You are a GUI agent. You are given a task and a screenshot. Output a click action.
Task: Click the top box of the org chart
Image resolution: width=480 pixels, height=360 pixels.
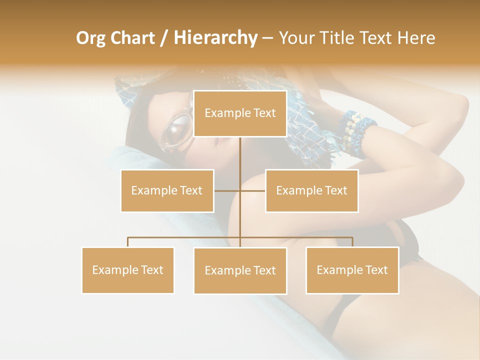coord(240,113)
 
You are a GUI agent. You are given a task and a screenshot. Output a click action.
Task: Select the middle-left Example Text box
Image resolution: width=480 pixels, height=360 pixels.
coord(167,190)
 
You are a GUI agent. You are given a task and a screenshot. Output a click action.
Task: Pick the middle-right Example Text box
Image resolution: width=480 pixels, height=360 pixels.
coord(311,190)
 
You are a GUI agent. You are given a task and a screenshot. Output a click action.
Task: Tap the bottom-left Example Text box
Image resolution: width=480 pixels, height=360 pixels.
coord(127,270)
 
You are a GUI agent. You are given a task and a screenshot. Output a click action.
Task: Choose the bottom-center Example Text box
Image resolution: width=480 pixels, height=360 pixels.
coord(240,270)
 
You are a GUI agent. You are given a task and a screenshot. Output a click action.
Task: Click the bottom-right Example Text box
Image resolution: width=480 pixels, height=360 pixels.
coord(352,270)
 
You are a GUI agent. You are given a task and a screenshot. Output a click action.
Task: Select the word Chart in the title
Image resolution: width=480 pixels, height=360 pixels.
coord(132,38)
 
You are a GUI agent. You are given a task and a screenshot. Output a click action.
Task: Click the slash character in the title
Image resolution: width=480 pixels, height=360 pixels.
coord(164,38)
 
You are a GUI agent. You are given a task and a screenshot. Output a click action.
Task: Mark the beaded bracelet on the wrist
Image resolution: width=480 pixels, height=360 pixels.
coord(357,131)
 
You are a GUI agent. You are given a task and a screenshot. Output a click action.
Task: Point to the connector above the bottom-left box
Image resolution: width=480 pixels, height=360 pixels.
coord(128,241)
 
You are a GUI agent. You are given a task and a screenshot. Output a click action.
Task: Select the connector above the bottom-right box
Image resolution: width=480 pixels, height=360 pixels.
coord(352,241)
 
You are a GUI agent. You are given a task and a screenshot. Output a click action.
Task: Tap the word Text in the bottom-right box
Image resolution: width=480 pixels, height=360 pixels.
coord(376,270)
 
